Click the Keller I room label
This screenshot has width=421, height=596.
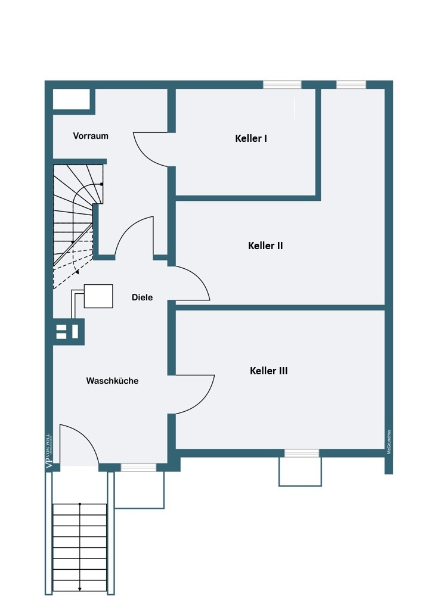(251, 138)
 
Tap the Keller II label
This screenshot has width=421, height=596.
(265, 245)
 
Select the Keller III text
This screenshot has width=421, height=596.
(268, 371)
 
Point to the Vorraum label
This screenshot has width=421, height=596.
(91, 136)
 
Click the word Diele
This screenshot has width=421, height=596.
(143, 297)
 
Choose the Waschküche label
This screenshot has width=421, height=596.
(112, 381)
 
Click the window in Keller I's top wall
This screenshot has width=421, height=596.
(282, 85)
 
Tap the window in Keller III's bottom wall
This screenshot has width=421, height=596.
(301, 454)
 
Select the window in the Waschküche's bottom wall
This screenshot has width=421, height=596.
(138, 467)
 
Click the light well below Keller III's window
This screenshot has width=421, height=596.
(300, 472)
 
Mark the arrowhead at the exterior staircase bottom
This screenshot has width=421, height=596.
(80, 589)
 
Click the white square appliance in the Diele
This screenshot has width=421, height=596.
(98, 296)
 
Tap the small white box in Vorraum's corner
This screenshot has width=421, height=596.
(72, 100)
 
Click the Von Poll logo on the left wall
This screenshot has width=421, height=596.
(49, 452)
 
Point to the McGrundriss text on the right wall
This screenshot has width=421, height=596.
(389, 442)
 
